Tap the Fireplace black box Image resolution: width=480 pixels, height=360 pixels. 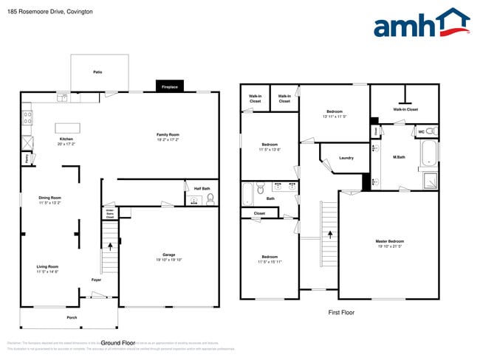coord(170,86)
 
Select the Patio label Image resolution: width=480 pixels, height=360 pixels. coord(97,72)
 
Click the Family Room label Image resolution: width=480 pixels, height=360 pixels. coord(168,135)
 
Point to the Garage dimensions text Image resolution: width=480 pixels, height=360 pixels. coord(164,260)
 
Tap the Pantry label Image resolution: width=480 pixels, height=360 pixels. coord(26,157)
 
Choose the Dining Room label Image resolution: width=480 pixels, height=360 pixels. coord(49,197)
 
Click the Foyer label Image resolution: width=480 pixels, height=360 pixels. coord(96,280)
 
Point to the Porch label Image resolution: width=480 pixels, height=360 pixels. coord(71,318)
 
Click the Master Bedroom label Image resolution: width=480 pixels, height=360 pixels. coord(390,241)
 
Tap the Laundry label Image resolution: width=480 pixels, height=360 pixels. coord(346,158)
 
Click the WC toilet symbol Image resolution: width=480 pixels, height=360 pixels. coord(432,132)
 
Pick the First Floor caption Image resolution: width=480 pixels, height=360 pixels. coord(341,313)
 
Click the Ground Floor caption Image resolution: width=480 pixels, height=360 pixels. coord(118,343)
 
